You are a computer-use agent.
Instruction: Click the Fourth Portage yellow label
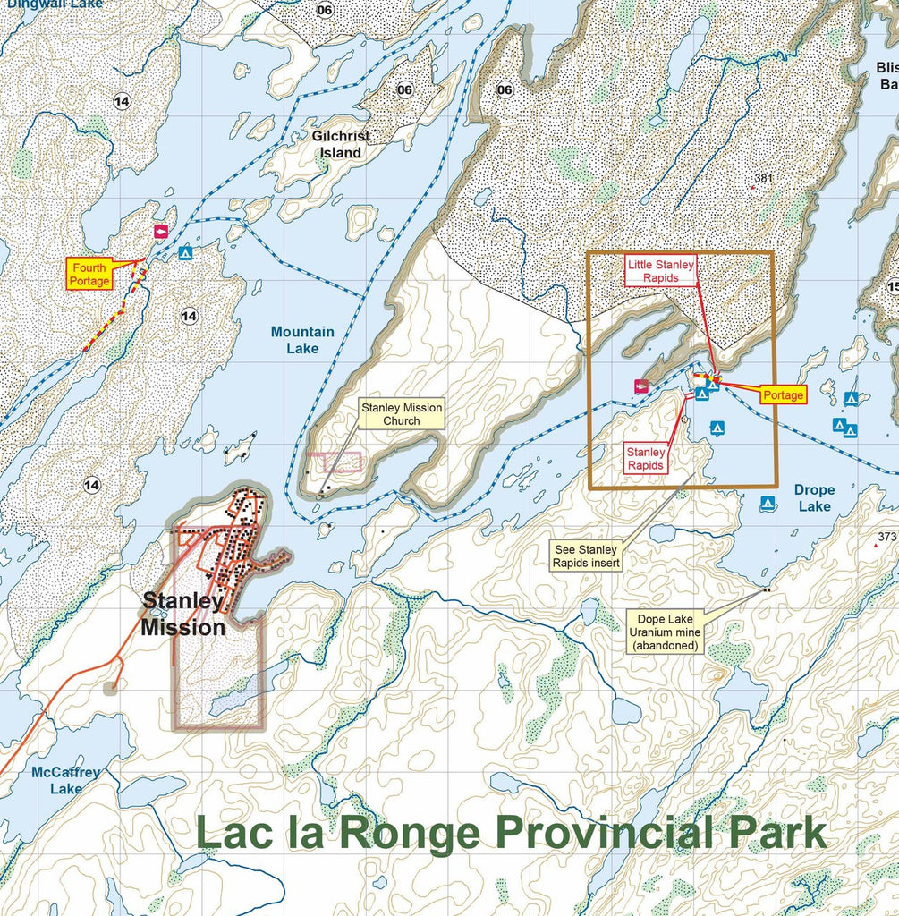coord(90,274)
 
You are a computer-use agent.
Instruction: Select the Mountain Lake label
coord(302,340)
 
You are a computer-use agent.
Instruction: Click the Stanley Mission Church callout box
coord(401,413)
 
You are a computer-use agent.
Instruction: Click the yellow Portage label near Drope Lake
coord(783,394)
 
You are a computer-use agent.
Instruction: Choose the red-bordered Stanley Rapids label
coord(645,458)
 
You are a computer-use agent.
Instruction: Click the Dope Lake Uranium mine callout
coord(665,632)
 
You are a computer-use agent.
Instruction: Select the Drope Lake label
coord(813,497)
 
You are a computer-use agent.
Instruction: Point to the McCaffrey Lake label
coord(65,780)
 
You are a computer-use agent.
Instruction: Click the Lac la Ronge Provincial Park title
coord(511,833)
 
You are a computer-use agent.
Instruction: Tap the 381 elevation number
coord(763,179)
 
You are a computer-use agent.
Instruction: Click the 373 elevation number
coord(886,537)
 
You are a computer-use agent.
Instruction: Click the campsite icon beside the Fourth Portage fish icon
coord(185,253)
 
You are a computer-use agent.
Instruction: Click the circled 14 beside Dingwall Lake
coord(122,101)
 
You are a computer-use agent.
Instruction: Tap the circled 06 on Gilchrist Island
coord(404,89)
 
